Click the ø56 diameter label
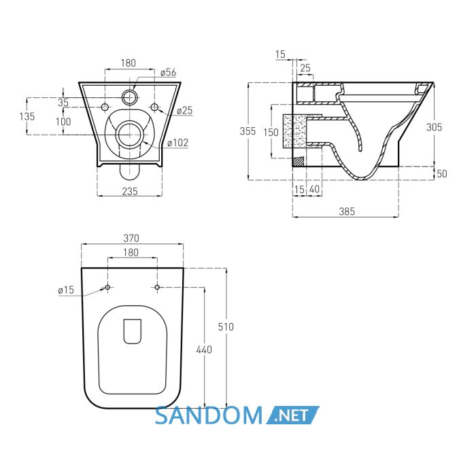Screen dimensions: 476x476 pos(169,72)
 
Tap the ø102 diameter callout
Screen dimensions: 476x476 pos(177,142)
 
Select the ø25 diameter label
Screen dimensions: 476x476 pos(184,110)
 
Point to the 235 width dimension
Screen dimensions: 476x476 pos(130,191)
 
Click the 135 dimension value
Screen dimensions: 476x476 pos(27,116)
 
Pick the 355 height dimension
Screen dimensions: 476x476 pos(248,131)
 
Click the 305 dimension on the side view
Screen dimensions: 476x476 pos(434,127)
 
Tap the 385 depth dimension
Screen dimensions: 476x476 pos(346,211)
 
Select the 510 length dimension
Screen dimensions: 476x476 pos(226,326)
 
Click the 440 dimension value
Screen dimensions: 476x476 pos(204,350)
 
